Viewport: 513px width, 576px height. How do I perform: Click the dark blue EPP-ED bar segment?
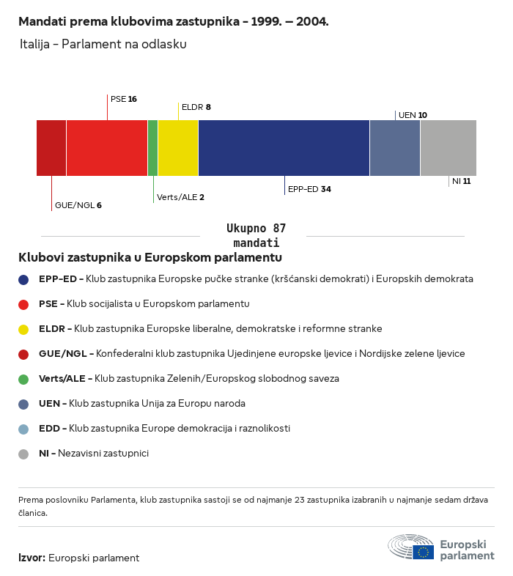pos(284,148)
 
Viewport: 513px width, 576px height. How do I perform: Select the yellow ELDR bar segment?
pos(178,148)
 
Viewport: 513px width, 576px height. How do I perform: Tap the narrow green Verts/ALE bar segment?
pos(153,148)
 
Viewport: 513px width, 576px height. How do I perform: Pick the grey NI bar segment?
pos(449,148)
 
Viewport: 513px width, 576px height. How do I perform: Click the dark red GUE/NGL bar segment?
pos(51,148)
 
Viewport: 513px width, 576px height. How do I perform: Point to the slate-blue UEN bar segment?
pos(395,148)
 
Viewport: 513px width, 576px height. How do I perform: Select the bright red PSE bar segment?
pos(107,148)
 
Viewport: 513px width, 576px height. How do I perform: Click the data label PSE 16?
pos(123,99)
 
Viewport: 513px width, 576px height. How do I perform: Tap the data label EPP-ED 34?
pos(309,189)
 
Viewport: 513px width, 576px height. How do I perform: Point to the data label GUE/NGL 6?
pos(78,205)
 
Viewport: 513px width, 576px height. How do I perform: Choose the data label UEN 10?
pos(413,115)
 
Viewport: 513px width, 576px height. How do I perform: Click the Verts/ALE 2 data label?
pos(180,197)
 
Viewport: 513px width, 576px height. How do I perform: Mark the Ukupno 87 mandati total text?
pos(256,235)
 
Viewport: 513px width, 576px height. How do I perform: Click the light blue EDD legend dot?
pos(23,429)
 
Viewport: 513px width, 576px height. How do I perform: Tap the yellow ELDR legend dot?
pos(23,330)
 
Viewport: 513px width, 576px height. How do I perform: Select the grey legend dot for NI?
pos(23,454)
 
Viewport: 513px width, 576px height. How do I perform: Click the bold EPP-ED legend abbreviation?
pos(58,279)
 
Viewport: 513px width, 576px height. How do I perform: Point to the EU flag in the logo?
pos(424,552)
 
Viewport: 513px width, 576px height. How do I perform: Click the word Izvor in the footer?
pos(32,558)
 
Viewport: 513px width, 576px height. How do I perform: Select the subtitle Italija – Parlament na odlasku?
pos(103,44)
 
